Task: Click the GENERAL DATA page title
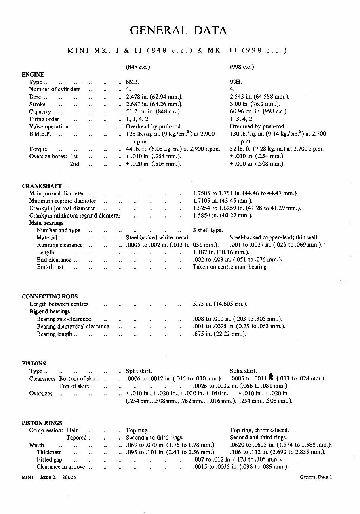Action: pyautogui.click(x=178, y=30)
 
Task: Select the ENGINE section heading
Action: pyautogui.click(x=33, y=74)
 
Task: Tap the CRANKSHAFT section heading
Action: pyautogui.click(x=42, y=186)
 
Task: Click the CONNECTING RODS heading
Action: pyautogui.click(x=50, y=296)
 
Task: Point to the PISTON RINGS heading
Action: pyautogui.click(x=42, y=423)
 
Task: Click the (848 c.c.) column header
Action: pyautogui.click(x=138, y=67)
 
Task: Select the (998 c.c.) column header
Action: pyautogui.click(x=242, y=67)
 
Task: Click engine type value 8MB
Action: pyautogui.click(x=132, y=82)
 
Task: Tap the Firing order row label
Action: pyautogui.click(x=44, y=119)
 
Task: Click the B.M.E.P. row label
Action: pyautogui.click(x=40, y=134)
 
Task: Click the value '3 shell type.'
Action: pyautogui.click(x=208, y=230)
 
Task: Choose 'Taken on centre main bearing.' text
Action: pyautogui.click(x=230, y=267)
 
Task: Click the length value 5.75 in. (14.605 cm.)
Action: pyautogui.click(x=220, y=304)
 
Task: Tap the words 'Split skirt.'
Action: pyautogui.click(x=139, y=371)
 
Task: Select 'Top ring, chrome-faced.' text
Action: pyautogui.click(x=259, y=430)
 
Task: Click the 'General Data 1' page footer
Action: pyautogui.click(x=316, y=477)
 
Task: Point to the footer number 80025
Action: pyautogui.click(x=69, y=477)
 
